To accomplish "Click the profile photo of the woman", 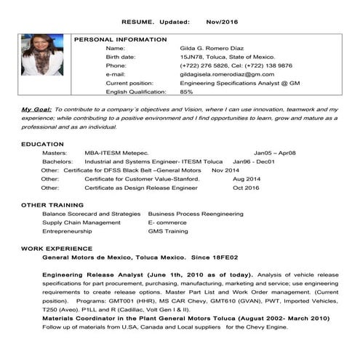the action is pos(42,55).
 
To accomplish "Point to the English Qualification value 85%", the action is pos(186,92).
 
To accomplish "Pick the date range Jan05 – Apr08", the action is pos(274,153).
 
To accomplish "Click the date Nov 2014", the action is pos(225,170).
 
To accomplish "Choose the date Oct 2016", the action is pos(246,188).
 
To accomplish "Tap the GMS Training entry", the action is pos(168,231).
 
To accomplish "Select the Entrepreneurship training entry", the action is pos(67,231).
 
